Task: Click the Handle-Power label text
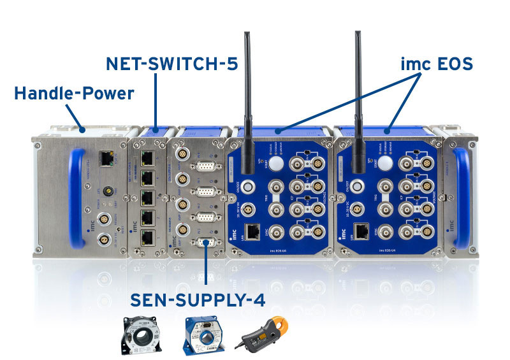[74, 94]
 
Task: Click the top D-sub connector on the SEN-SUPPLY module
[205, 168]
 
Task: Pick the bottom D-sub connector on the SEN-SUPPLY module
[205, 242]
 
